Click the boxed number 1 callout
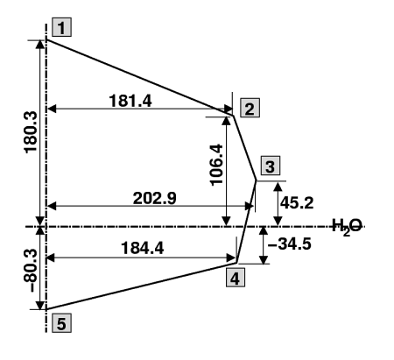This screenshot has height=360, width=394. [x=61, y=27]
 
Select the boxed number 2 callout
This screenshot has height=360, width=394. [x=250, y=108]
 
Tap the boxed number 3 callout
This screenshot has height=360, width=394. [x=271, y=166]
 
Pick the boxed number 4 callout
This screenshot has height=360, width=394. [x=236, y=278]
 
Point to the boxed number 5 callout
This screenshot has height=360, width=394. [x=61, y=323]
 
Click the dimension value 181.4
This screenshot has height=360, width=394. [x=130, y=101]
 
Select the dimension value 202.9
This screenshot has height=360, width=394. [x=155, y=198]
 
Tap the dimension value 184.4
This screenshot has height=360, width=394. [x=143, y=249]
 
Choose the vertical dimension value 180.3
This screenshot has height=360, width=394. [x=31, y=132]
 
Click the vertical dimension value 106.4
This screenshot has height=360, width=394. [x=216, y=165]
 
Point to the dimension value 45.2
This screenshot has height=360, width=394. [x=297, y=202]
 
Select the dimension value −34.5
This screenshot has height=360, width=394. [x=290, y=244]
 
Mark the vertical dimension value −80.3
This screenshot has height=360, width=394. [x=30, y=271]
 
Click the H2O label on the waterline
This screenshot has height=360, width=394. [x=348, y=227]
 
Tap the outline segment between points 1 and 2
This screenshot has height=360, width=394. [x=140, y=78]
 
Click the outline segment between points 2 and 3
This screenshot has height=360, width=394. [x=245, y=148]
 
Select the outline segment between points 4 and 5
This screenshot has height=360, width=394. [x=142, y=286]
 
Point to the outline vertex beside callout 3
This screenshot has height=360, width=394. [x=257, y=180]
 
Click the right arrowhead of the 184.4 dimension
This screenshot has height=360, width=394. [x=232, y=258]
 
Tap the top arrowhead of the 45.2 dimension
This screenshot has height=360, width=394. [x=278, y=186]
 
